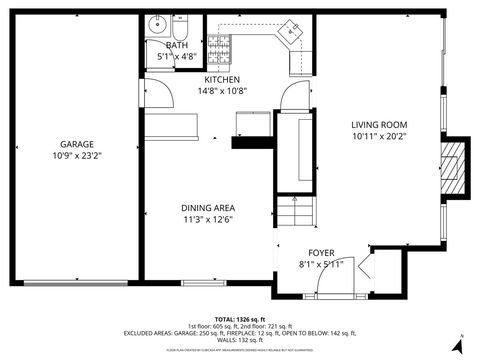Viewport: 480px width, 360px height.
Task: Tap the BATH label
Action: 176,45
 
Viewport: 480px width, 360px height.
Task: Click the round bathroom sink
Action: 157,26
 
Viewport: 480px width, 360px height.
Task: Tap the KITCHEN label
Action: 222,79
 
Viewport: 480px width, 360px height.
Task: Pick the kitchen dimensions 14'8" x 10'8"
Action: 222,91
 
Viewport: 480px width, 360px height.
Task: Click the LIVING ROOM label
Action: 379,125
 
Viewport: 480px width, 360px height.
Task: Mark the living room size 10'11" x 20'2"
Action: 379,137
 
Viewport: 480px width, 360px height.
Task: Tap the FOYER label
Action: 321,252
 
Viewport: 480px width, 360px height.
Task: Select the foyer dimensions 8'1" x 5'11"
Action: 321,264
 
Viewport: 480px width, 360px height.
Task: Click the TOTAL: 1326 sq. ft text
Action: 240,317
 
